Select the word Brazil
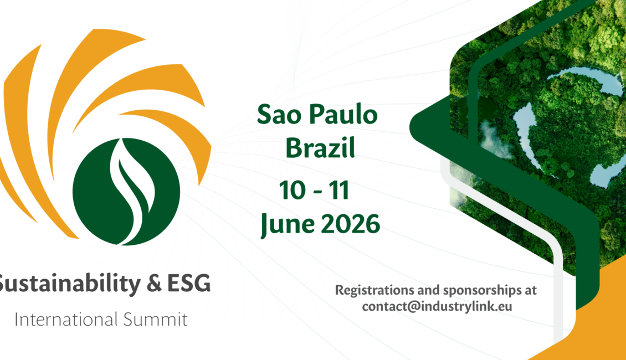[320, 148]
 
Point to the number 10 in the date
[293, 190]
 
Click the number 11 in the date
[340, 190]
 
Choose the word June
[287, 224]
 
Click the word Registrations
[374, 290]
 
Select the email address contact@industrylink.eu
[437, 306]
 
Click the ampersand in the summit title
[154, 283]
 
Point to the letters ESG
[188, 283]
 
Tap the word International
[66, 319]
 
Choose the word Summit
[155, 319]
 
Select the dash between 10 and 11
[318, 192]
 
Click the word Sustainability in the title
[69, 284]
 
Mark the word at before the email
[530, 290]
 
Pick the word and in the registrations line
[428, 290]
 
